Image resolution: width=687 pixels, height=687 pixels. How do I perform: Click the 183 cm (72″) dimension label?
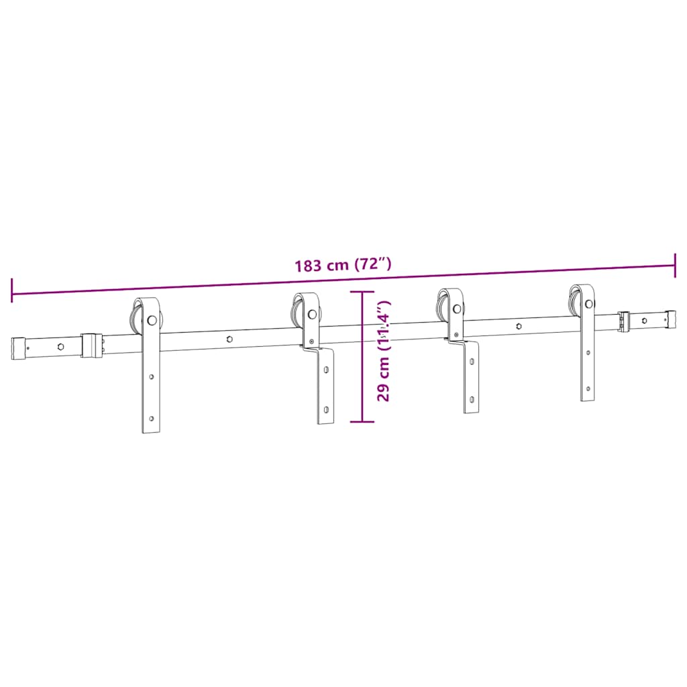343,264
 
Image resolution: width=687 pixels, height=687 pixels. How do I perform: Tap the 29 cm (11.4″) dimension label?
384,356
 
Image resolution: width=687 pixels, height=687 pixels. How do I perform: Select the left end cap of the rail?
17,348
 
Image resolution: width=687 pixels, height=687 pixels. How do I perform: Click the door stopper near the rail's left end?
91,344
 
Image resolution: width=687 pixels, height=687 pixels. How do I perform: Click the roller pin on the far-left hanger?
154,320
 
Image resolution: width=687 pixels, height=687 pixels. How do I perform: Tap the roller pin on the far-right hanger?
588,304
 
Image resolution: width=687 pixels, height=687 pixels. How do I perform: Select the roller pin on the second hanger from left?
313,313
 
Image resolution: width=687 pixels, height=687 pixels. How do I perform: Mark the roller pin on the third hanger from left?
457,309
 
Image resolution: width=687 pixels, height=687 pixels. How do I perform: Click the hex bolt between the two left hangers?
230,339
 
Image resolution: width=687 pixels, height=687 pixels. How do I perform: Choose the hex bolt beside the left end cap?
60,347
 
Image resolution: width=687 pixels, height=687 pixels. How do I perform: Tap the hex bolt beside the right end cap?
644,321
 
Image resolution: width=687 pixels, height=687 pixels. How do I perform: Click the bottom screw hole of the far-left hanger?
152,419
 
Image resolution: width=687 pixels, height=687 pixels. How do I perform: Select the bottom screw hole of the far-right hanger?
588,388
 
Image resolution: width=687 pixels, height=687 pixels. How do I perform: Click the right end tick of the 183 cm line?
675,265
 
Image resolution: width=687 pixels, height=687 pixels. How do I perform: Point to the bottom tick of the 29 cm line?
362,421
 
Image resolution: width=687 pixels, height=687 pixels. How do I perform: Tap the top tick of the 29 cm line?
362,293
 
